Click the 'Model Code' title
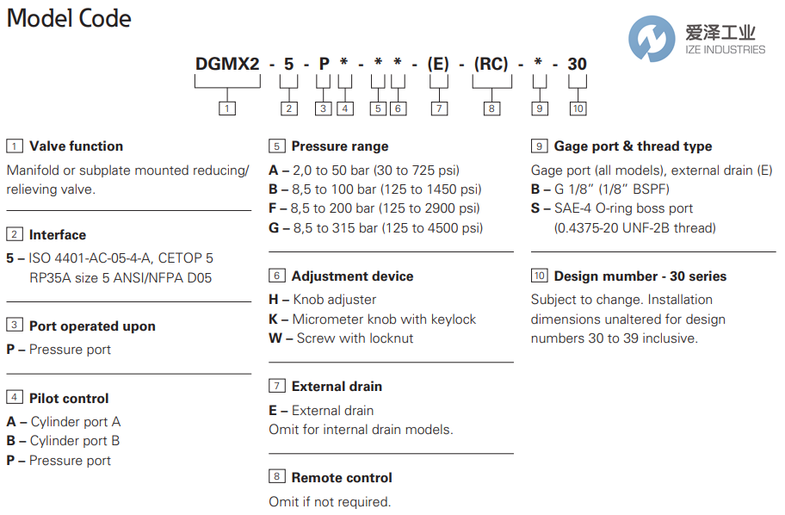pos(69,18)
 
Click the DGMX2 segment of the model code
pos(226,64)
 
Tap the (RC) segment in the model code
pos(491,64)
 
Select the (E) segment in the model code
pos(439,64)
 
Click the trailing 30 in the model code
pos(577,64)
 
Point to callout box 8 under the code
pos(491,109)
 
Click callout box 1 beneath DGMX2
pos(226,109)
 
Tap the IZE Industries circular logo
pos(652,38)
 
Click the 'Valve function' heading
pos(76,146)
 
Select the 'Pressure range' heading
pos(339,146)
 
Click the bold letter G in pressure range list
pos(274,228)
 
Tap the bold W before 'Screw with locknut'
pos(275,338)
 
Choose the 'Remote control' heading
pos(341,478)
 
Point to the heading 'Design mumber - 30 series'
pos(640,276)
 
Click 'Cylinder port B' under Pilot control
pos(75,441)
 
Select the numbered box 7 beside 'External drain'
pos(276,387)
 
